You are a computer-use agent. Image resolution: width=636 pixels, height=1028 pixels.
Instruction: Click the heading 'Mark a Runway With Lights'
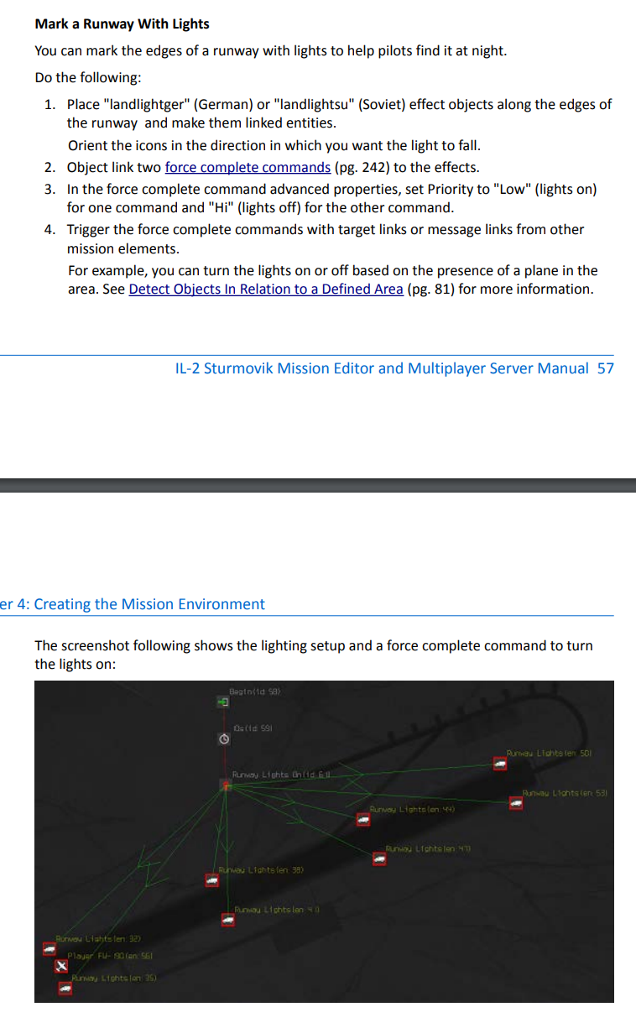pyautogui.click(x=122, y=23)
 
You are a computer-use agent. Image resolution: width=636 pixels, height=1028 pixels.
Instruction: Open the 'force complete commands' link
pyautogui.click(x=248, y=167)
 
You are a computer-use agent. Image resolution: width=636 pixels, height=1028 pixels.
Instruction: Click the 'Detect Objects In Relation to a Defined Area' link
pyautogui.click(x=265, y=290)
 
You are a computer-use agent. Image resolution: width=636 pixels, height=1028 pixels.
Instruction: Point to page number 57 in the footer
pyautogui.click(x=605, y=368)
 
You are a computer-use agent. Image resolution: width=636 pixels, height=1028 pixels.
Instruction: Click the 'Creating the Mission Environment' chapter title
pyautogui.click(x=149, y=604)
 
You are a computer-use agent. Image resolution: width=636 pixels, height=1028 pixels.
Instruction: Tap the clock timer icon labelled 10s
pyautogui.click(x=224, y=739)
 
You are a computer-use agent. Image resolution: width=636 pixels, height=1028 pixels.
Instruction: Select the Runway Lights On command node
pyautogui.click(x=225, y=785)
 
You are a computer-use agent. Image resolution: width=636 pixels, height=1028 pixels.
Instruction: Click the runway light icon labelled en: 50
pyautogui.click(x=500, y=764)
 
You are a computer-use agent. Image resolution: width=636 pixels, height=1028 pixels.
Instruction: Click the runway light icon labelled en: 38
pyautogui.click(x=211, y=881)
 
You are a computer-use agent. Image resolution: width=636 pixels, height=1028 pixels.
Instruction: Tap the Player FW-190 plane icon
pyautogui.click(x=60, y=968)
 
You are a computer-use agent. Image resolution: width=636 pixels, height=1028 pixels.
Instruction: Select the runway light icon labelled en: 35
pyautogui.click(x=65, y=989)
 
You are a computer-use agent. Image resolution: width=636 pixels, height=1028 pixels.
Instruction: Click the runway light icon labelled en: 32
pyautogui.click(x=50, y=949)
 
